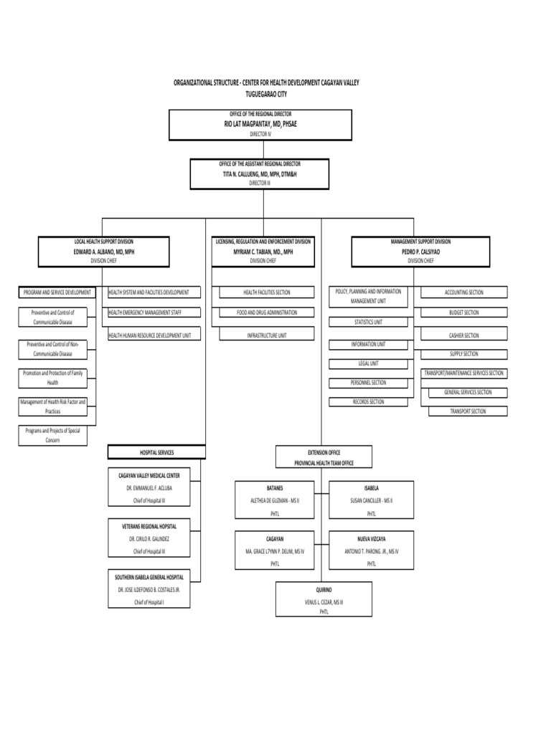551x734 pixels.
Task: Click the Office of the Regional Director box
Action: click(x=260, y=124)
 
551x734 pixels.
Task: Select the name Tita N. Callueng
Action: click(x=260, y=174)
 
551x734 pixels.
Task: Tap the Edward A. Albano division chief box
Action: click(x=104, y=252)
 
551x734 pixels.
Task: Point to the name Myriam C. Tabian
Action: click(x=263, y=252)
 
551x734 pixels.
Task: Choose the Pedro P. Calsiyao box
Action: click(x=420, y=252)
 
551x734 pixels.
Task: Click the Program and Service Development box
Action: click(x=57, y=292)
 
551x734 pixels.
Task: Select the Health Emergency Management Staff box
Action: click(x=154, y=313)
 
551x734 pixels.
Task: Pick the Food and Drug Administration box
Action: click(x=267, y=313)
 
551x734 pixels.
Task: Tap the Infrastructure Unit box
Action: click(x=267, y=335)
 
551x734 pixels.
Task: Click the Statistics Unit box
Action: click(x=369, y=323)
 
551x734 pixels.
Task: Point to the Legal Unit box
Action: click(x=369, y=363)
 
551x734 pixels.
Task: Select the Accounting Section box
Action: click(x=464, y=292)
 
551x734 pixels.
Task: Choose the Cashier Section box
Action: click(x=464, y=335)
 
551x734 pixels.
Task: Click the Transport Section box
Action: click(x=468, y=411)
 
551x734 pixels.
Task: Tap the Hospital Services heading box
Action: click(x=156, y=452)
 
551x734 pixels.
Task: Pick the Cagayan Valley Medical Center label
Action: click(x=149, y=475)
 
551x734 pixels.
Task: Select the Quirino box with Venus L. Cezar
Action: click(x=324, y=599)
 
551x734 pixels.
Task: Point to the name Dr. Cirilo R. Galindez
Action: click(x=149, y=538)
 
